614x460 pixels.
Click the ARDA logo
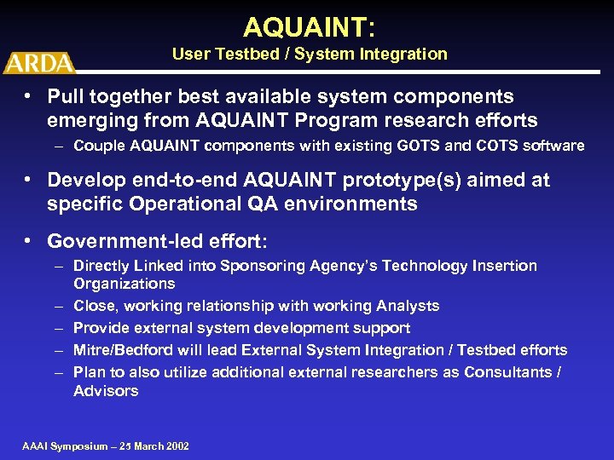39,63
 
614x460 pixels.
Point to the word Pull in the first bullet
66,97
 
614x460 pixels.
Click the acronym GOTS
414,146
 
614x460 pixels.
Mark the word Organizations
124,284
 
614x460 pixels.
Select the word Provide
100,328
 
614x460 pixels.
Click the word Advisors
106,391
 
